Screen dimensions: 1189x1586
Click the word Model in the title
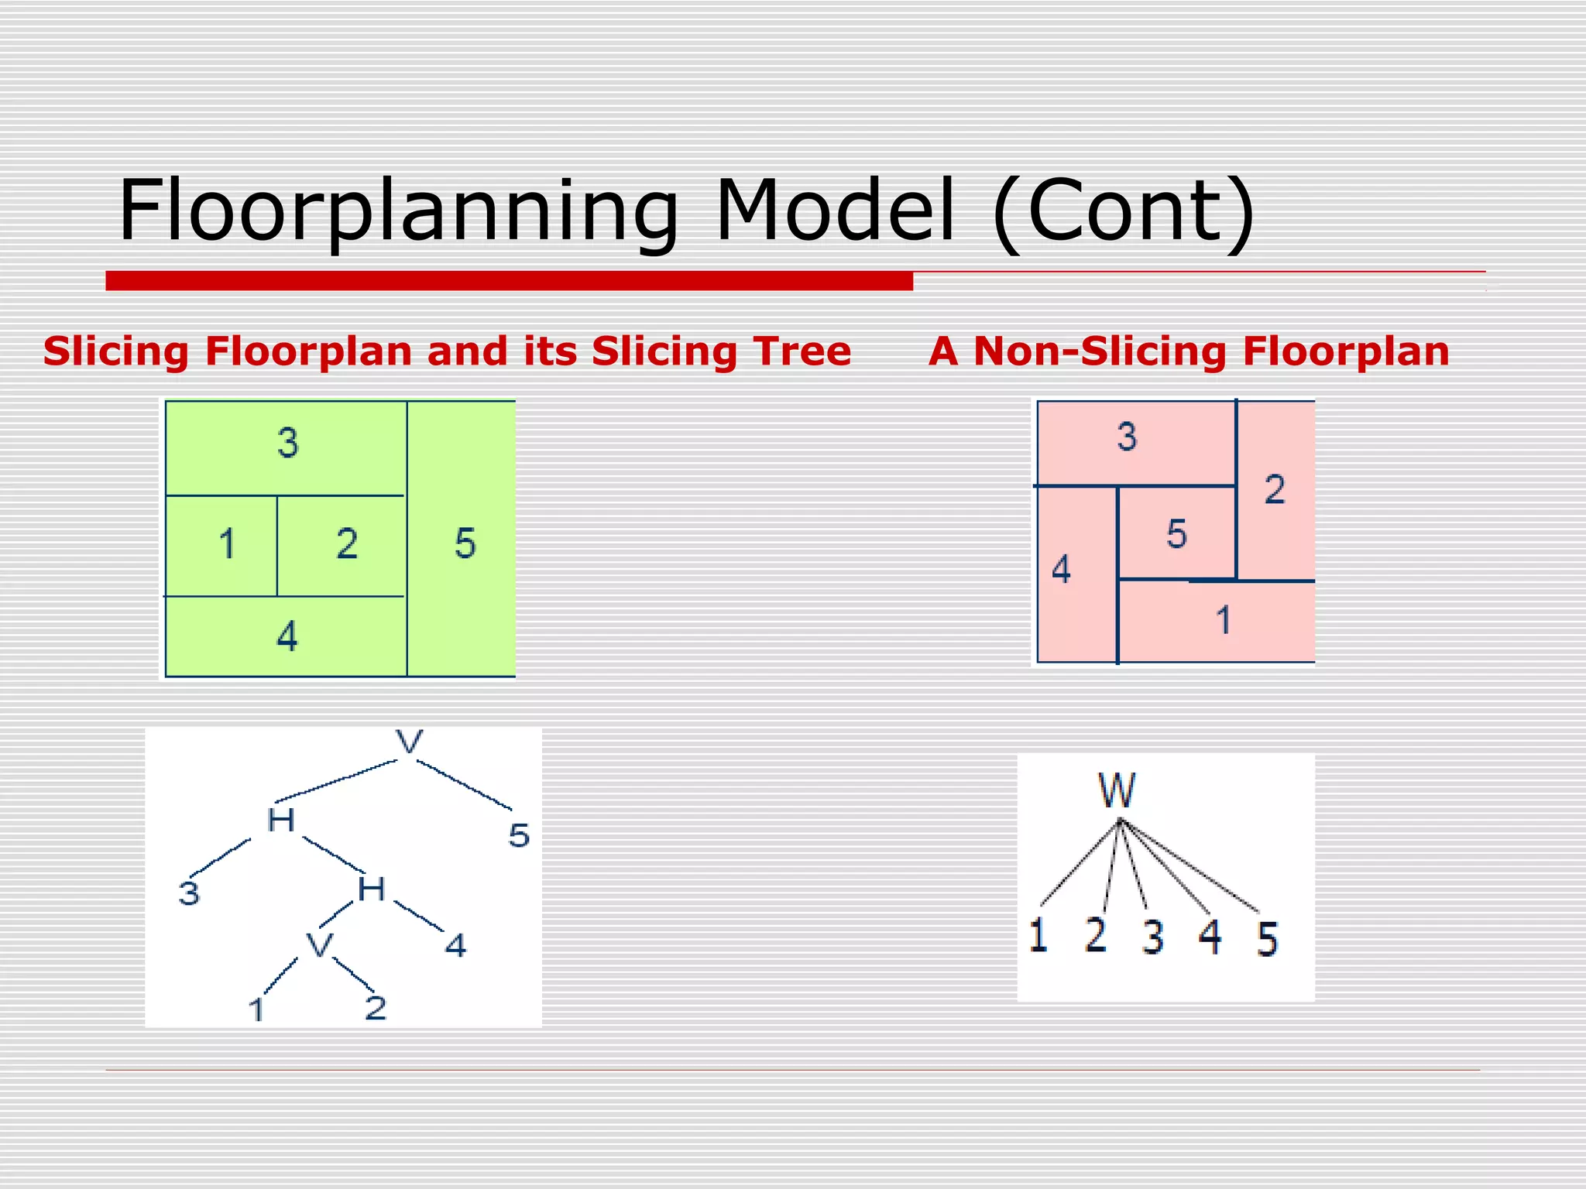[x=835, y=211]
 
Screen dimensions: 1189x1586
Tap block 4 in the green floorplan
[x=287, y=636]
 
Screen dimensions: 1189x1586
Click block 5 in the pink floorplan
[x=1176, y=533]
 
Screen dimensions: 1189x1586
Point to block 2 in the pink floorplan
[x=1275, y=489]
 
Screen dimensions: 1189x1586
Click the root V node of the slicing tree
[x=409, y=742]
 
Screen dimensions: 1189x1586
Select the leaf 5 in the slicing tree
[x=519, y=836]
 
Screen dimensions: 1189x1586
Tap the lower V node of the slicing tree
[x=319, y=945]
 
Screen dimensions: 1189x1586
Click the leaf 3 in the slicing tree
[x=189, y=893]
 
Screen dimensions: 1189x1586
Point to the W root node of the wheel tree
[x=1116, y=791]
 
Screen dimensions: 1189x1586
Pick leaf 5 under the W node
[x=1266, y=939]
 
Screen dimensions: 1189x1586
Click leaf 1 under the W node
[x=1038, y=934]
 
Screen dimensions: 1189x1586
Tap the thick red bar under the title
[x=509, y=280]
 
